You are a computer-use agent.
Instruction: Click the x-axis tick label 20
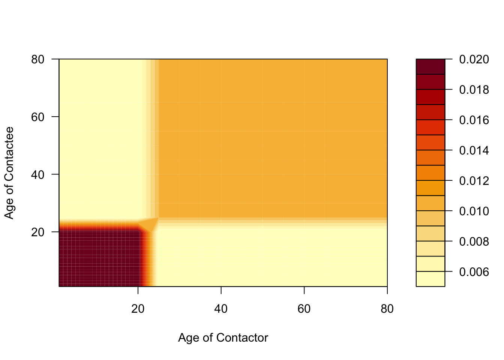(138, 309)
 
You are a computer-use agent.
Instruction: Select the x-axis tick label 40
(221, 309)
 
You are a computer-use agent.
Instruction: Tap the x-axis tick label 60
(304, 309)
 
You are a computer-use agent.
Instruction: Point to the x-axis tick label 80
(387, 309)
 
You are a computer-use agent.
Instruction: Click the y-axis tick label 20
(38, 232)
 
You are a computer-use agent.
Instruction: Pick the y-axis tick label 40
(38, 174)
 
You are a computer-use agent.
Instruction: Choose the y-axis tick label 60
(38, 117)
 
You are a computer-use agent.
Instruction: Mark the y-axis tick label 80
(38, 59)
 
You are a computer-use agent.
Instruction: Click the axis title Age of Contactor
(223, 337)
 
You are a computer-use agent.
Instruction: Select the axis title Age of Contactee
(9, 173)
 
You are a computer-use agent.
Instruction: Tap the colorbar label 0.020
(474, 59)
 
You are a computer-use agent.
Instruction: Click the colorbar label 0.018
(474, 90)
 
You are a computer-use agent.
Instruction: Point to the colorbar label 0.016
(474, 120)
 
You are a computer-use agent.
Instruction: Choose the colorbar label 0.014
(474, 150)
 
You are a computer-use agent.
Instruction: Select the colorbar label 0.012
(474, 181)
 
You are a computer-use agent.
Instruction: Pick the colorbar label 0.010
(474, 211)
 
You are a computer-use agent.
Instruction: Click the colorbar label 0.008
(474, 241)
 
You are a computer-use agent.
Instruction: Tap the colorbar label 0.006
(474, 272)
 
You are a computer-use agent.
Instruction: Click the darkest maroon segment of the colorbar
(430, 67)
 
